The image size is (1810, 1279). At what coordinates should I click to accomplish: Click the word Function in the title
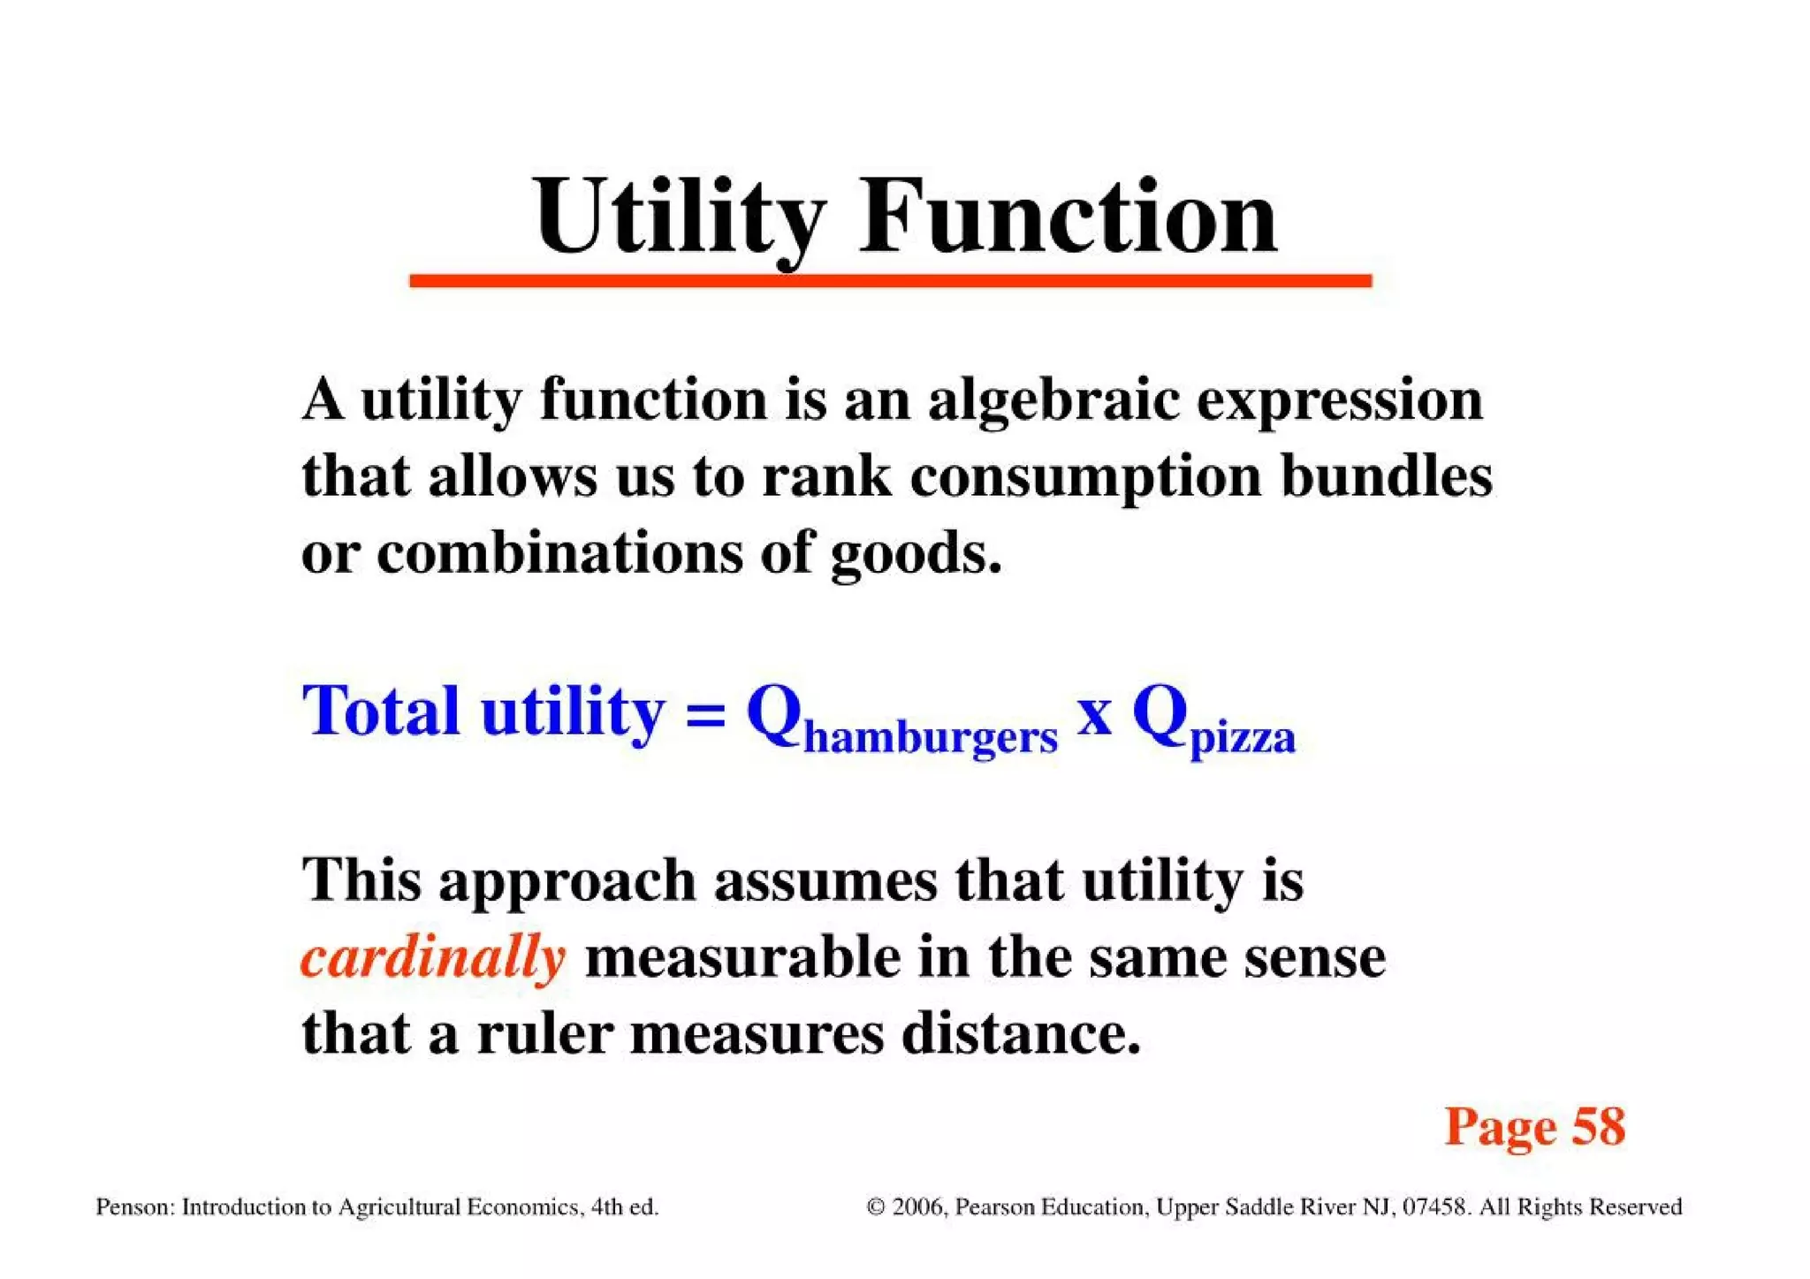tap(1069, 217)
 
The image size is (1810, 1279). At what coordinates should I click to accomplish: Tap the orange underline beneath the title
tap(890, 281)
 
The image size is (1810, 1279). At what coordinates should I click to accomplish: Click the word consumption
tap(1086, 477)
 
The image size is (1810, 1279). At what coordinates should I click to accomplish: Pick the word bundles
tap(1387, 476)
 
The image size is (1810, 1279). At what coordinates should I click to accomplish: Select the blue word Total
tap(381, 711)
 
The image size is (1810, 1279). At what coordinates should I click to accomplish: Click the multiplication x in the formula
tap(1095, 714)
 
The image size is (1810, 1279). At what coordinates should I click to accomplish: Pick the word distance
tap(1021, 1033)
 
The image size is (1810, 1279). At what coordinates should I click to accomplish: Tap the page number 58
tap(1599, 1127)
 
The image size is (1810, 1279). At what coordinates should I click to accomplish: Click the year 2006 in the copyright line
tap(919, 1207)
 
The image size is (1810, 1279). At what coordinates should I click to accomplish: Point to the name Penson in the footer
tap(133, 1207)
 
